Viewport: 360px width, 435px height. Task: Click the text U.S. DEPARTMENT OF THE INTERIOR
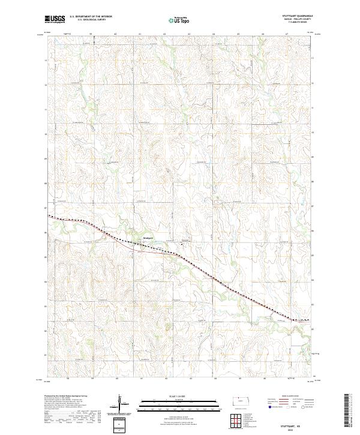[91, 17]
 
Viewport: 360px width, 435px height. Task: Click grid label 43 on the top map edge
[164, 34]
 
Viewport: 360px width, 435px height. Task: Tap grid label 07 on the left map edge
[46, 208]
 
